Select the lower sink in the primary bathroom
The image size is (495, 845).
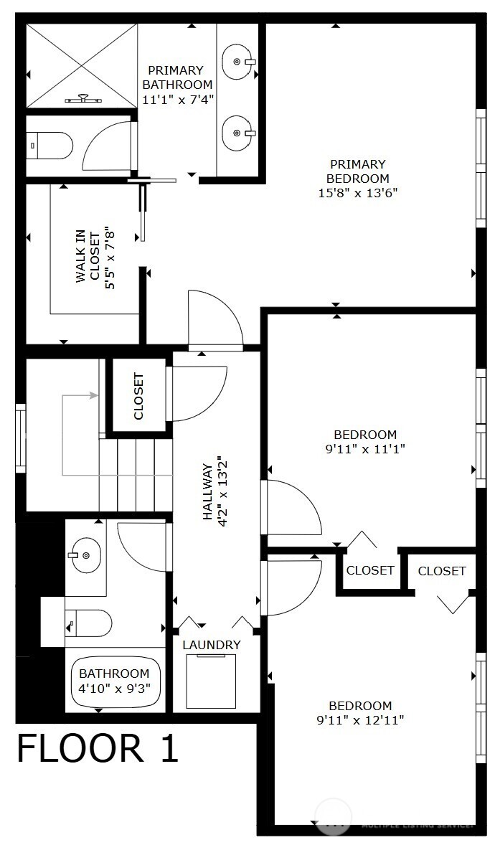coord(237,132)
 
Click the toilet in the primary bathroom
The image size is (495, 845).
coord(50,146)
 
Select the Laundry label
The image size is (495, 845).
coord(211,645)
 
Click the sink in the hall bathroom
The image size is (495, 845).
coord(87,554)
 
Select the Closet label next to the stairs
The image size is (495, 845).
coord(139,396)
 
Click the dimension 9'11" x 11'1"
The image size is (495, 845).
coord(365,449)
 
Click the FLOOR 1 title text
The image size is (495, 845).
coord(97,749)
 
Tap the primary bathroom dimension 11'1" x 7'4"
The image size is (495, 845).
coord(177,98)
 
